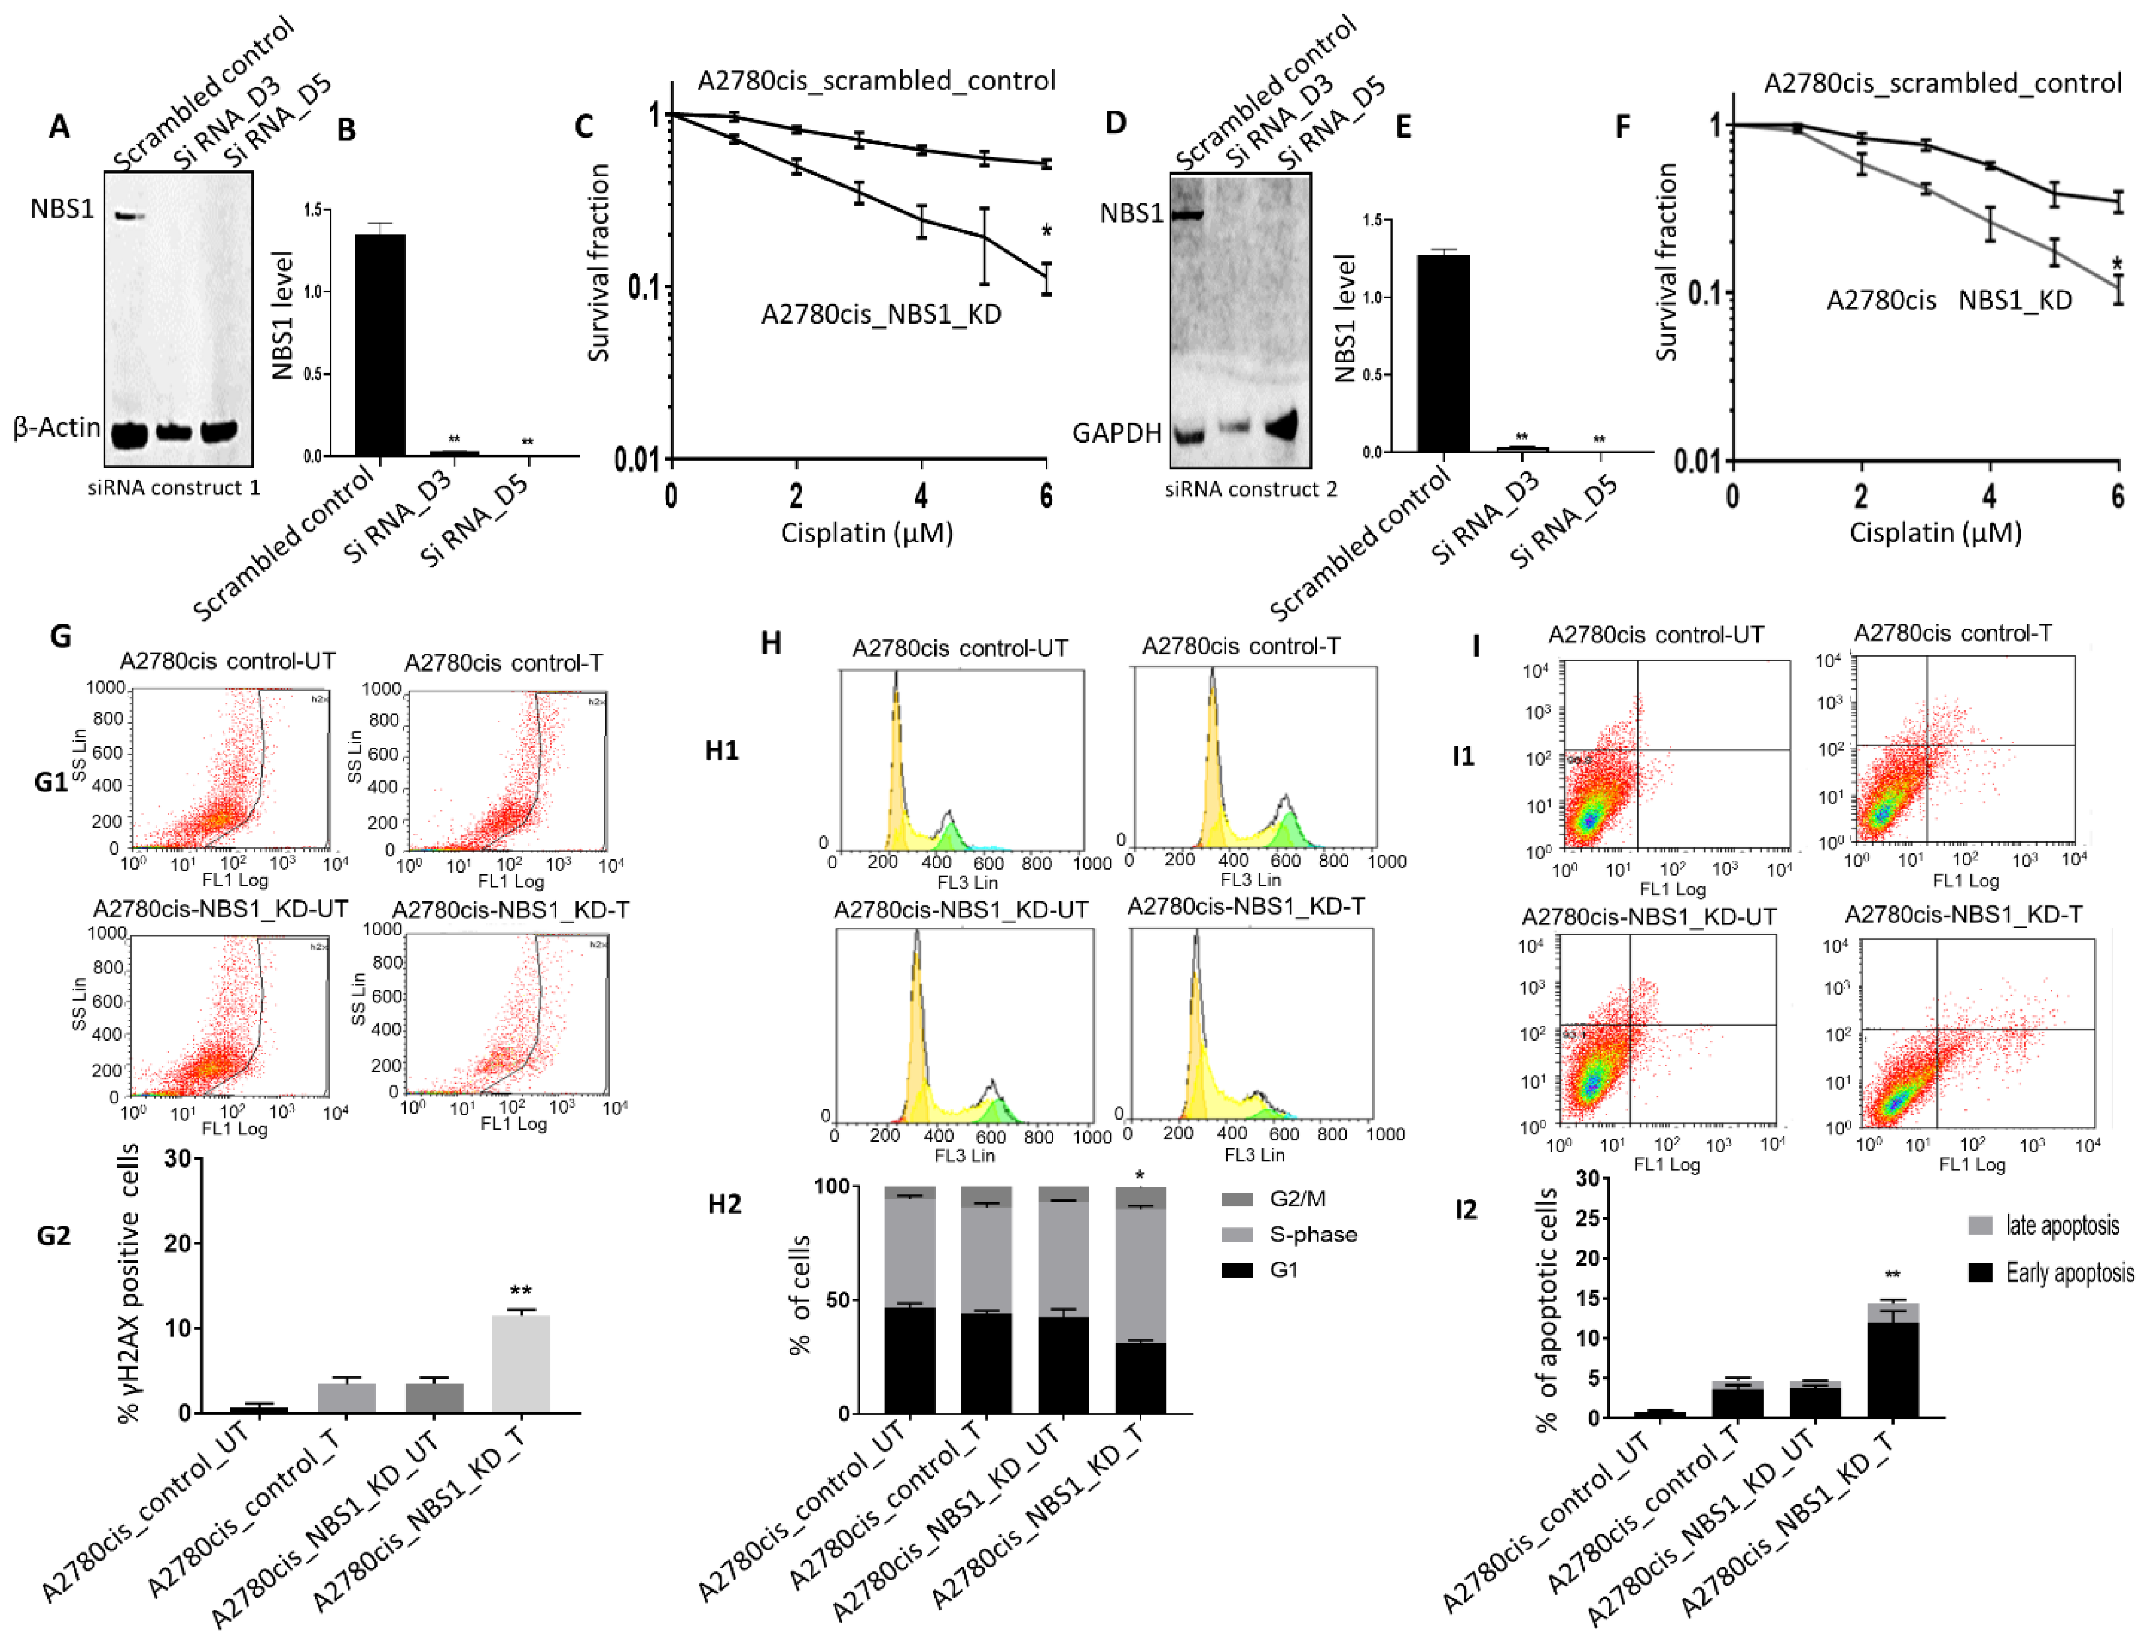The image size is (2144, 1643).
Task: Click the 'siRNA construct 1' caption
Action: coord(174,488)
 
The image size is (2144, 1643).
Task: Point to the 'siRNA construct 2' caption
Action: coord(1251,489)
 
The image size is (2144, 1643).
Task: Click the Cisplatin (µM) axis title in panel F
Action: coord(1935,533)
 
